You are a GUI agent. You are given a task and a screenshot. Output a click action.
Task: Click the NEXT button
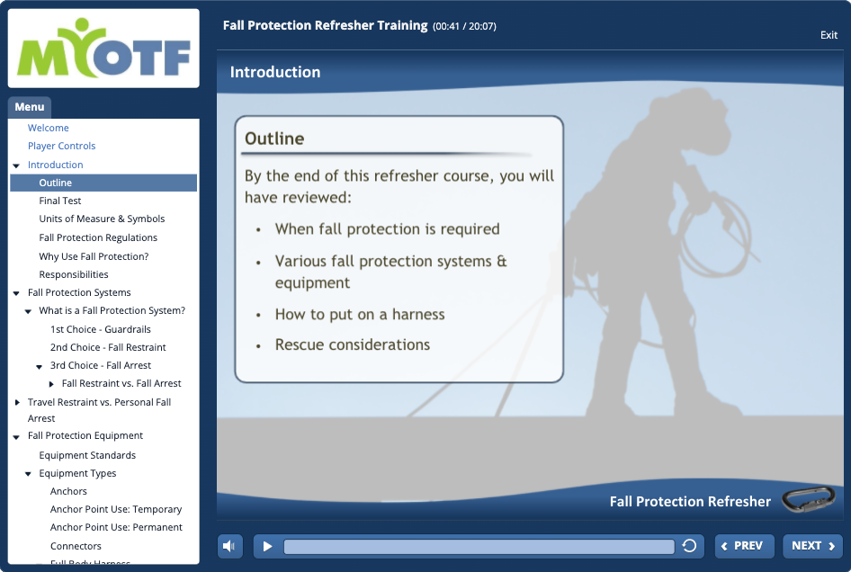click(812, 546)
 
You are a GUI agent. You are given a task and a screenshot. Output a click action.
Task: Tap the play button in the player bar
click(267, 547)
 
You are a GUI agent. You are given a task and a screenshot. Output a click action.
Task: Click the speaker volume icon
click(229, 547)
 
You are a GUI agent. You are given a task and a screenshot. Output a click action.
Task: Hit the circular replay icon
click(689, 546)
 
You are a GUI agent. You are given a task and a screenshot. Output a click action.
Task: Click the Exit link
click(829, 35)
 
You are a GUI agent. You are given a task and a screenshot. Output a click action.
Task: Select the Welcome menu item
click(49, 128)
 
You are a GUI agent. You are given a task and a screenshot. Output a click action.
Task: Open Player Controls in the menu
click(61, 146)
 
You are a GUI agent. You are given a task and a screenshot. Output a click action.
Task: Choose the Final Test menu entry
click(59, 201)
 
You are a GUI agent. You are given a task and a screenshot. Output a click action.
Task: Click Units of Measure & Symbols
click(102, 219)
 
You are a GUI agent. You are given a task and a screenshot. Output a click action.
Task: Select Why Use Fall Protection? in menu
click(94, 256)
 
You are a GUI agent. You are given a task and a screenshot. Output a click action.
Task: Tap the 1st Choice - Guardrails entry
click(101, 329)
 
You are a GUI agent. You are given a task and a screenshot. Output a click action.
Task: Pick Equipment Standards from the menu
click(87, 455)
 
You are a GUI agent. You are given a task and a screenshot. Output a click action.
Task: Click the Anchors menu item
click(68, 491)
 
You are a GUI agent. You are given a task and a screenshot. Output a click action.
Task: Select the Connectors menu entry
click(76, 546)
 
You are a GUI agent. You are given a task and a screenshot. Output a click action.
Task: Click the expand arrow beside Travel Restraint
click(17, 402)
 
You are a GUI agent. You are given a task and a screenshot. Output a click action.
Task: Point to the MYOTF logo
click(103, 49)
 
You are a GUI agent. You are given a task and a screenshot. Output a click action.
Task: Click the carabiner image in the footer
click(808, 499)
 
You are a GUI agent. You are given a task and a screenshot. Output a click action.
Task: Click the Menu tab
click(30, 107)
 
